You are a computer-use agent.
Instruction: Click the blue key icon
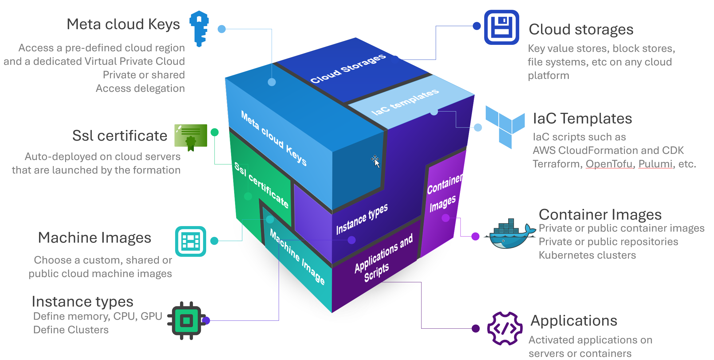pyautogui.click(x=199, y=28)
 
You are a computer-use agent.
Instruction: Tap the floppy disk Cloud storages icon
pyautogui.click(x=501, y=27)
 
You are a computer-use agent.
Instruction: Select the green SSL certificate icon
pyautogui.click(x=191, y=137)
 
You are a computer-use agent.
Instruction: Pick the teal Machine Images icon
pyautogui.click(x=190, y=241)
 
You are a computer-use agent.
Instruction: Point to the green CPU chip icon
pyautogui.click(x=186, y=321)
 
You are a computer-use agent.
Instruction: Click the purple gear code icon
pyautogui.click(x=504, y=328)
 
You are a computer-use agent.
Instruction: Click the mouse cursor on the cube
pyautogui.click(x=375, y=161)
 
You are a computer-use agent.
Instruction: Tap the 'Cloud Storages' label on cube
pyautogui.click(x=348, y=68)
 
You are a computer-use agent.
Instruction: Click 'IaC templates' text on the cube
pyautogui.click(x=405, y=102)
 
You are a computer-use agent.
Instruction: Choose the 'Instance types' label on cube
pyautogui.click(x=362, y=219)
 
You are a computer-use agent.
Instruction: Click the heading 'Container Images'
pyautogui.click(x=600, y=214)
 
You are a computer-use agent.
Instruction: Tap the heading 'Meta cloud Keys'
pyautogui.click(x=123, y=24)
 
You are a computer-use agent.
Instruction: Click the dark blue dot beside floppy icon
pyautogui.click(x=477, y=26)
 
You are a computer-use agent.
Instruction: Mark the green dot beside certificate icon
pyautogui.click(x=214, y=132)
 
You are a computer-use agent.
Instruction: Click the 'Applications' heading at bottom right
pyautogui.click(x=574, y=321)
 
